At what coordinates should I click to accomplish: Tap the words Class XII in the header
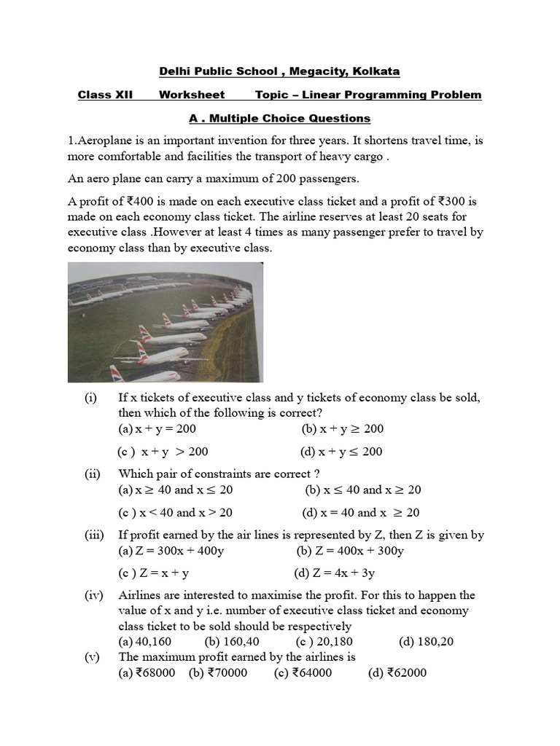105,95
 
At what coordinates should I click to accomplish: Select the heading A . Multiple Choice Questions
279,118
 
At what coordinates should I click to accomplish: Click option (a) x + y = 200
157,429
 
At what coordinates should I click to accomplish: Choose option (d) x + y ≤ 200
341,452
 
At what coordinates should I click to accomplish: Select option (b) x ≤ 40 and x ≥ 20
362,490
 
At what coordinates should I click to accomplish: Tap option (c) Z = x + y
155,573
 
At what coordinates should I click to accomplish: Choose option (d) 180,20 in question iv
427,642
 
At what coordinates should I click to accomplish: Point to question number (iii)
94,535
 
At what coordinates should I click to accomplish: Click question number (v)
92,657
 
